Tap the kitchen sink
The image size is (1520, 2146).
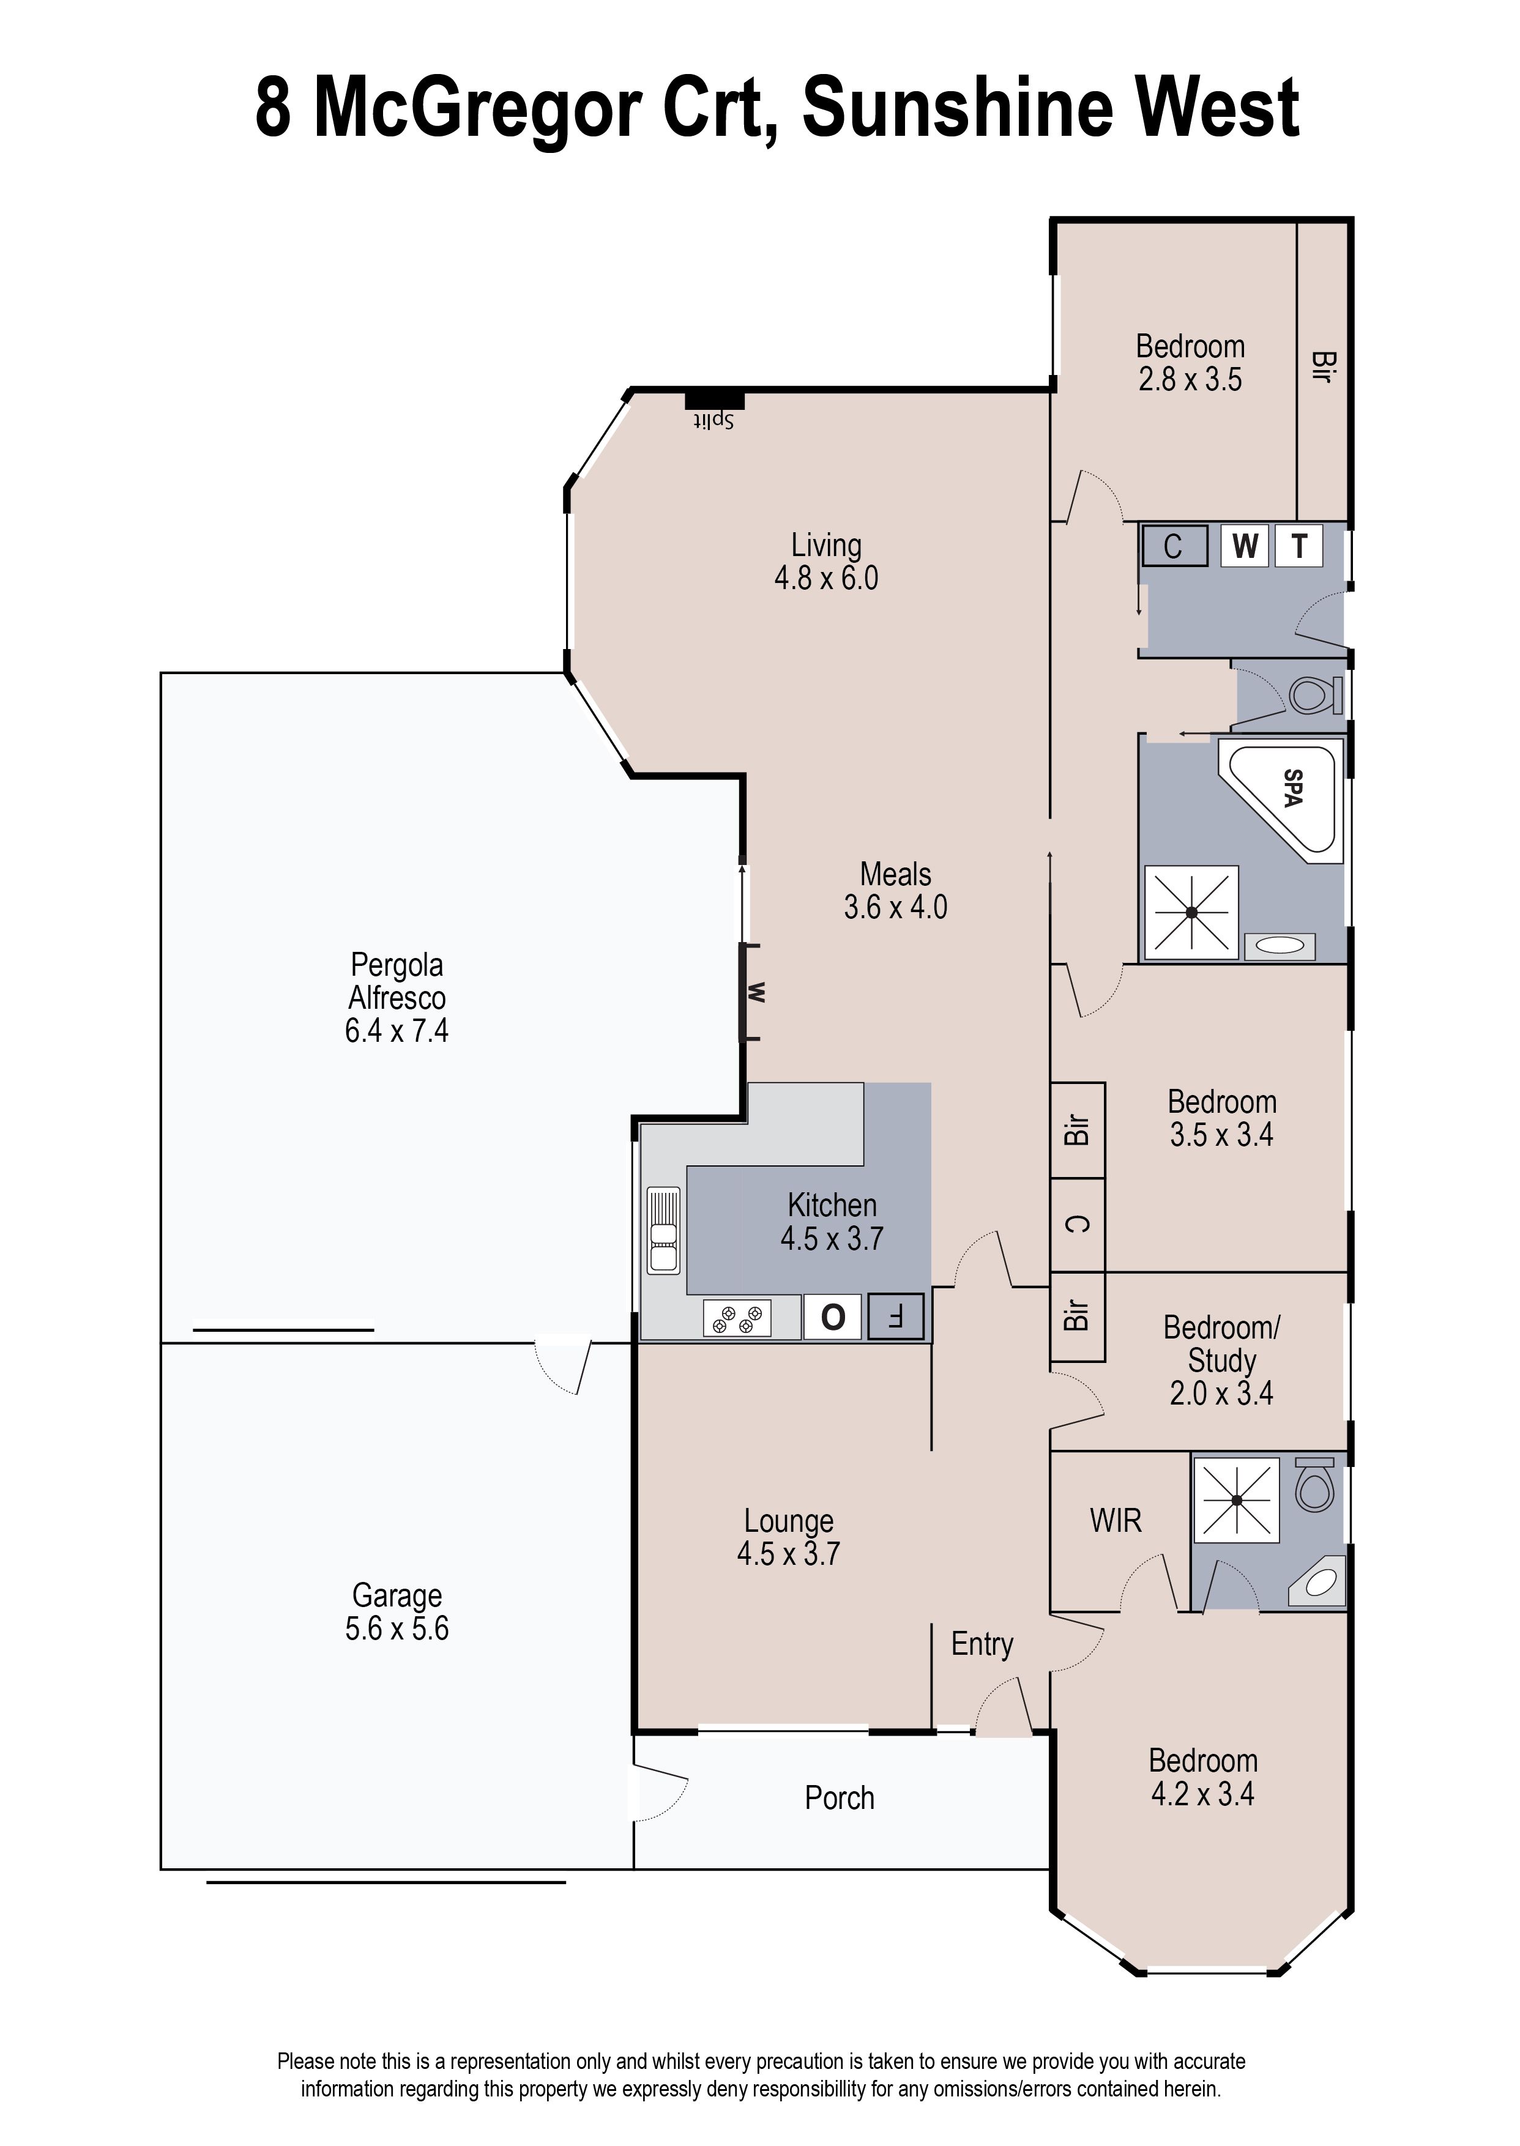tap(663, 1230)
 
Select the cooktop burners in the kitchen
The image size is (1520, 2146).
tap(737, 1318)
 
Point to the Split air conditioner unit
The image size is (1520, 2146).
tap(714, 401)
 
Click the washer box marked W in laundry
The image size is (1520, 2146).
tap(1244, 546)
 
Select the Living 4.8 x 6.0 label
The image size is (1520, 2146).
tap(825, 562)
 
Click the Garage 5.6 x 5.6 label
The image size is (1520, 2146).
tap(397, 1612)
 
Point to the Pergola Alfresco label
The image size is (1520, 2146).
tap(397, 997)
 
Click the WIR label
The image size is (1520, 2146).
tap(1116, 1520)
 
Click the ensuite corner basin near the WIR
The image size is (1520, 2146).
tap(1320, 1582)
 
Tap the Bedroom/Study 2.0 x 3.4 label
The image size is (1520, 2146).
tap(1221, 1359)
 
